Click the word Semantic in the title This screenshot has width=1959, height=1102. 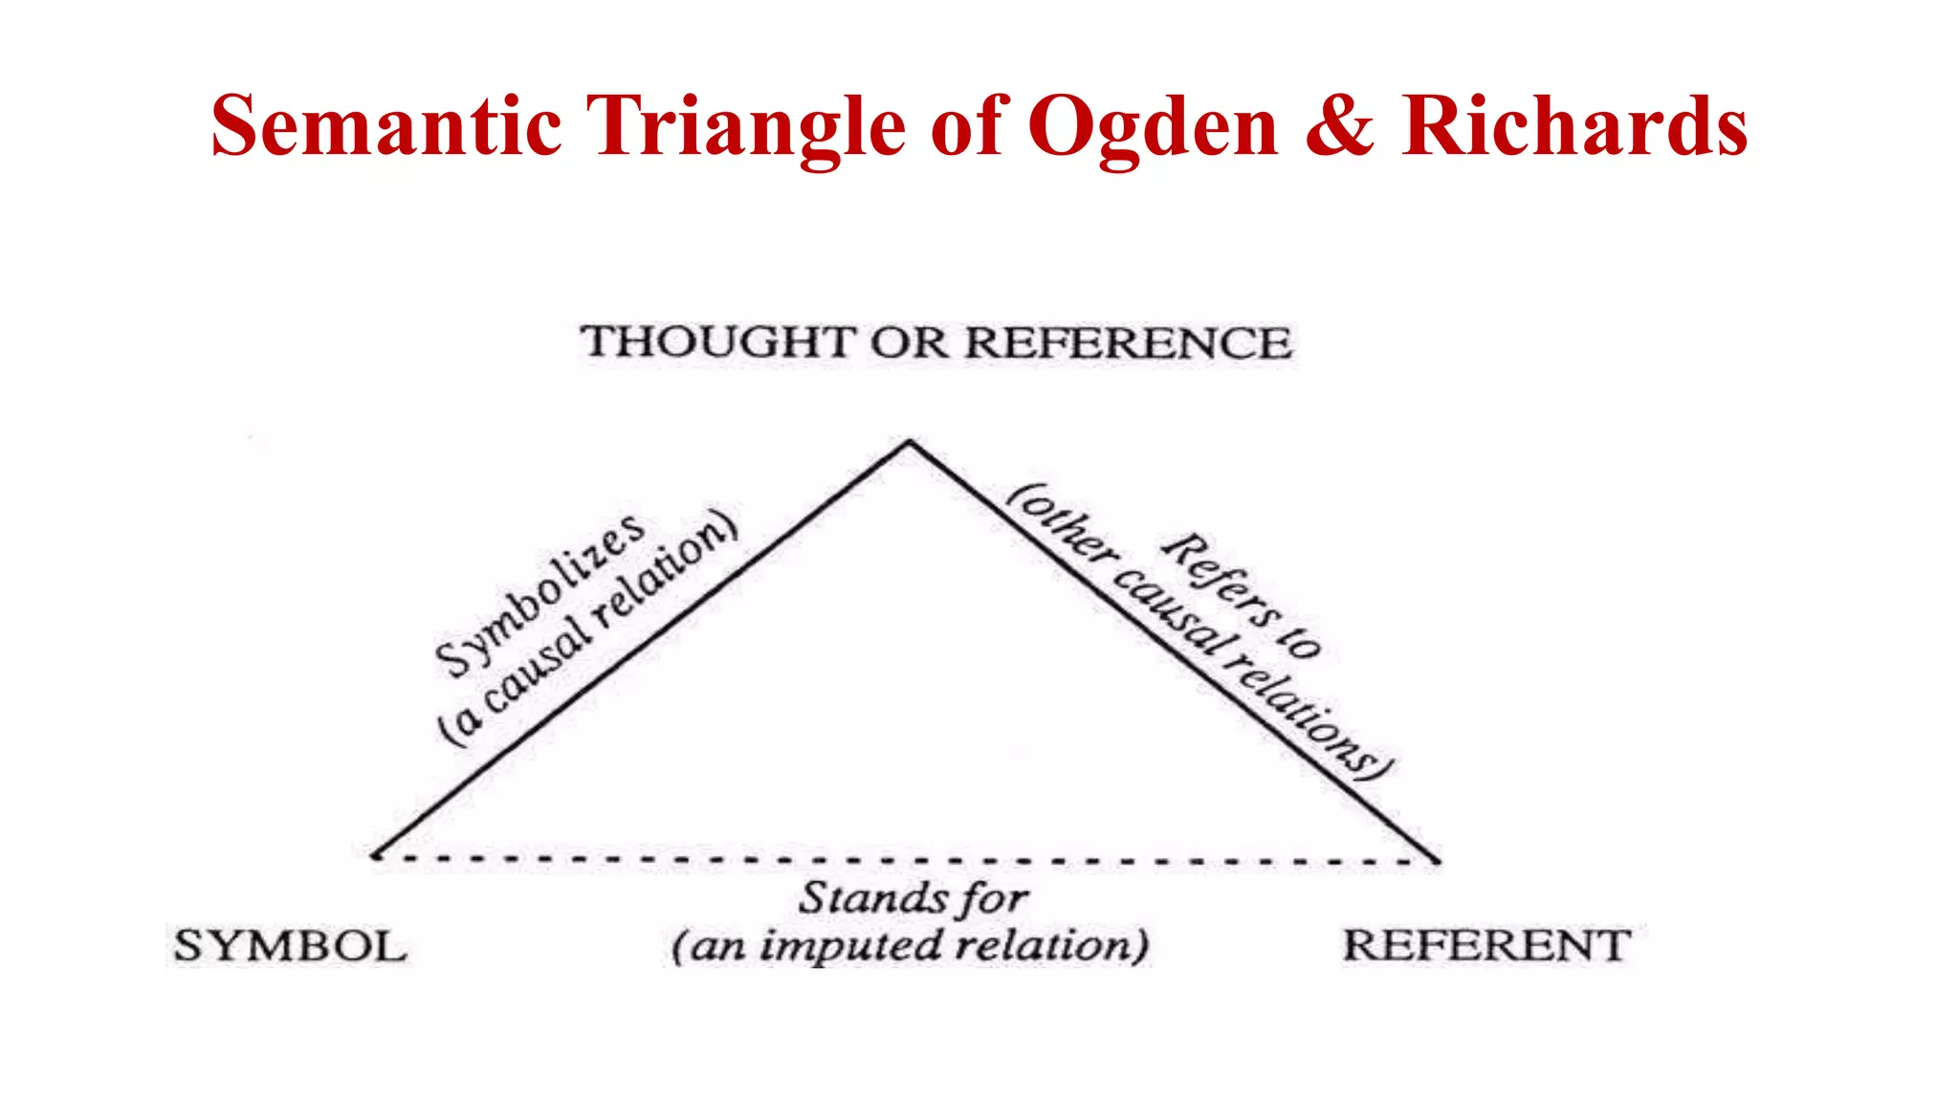[x=385, y=126]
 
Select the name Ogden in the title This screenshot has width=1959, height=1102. [x=1153, y=128]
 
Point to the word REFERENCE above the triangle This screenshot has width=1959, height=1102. [x=1128, y=342]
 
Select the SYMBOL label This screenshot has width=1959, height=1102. [x=290, y=947]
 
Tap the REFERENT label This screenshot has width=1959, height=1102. [x=1486, y=946]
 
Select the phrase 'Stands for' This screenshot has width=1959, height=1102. [x=913, y=898]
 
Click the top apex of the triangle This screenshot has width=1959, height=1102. [x=909, y=442]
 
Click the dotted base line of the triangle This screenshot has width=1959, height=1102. [x=909, y=859]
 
